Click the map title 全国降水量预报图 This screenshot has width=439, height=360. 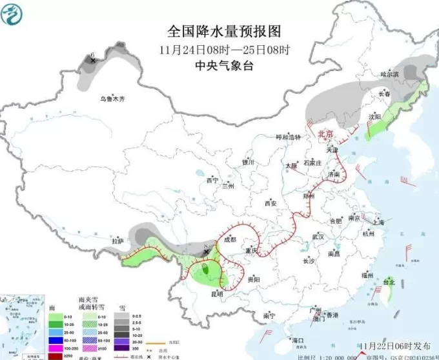pos(225,31)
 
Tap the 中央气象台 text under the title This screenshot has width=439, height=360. pos(225,66)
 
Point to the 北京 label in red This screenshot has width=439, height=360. pos(325,134)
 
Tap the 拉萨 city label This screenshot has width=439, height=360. pos(117,241)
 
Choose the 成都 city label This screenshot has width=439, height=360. pos(230,239)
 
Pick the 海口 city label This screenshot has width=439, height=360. pos(298,340)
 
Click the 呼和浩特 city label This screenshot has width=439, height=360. pos(289,137)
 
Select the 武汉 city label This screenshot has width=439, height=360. pos(318,237)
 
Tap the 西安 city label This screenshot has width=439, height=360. pos(270,203)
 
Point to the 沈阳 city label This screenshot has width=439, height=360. pos(374,117)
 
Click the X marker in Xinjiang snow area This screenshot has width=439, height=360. pos(93,60)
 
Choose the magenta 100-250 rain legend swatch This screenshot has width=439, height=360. pos(55,348)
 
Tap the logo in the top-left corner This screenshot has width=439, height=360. pos(14,14)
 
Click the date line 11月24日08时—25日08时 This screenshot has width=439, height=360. pos(225,50)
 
